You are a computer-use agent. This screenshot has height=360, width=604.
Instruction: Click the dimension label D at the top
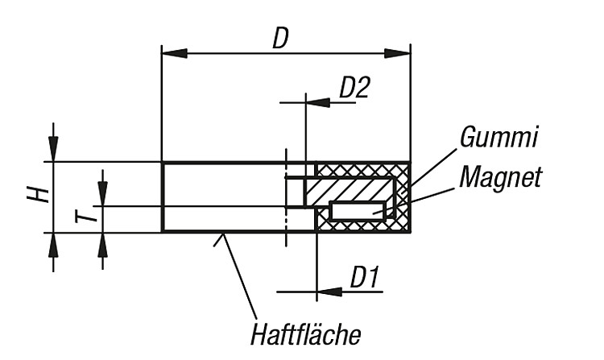tap(280, 38)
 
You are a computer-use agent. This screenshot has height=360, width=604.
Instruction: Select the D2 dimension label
tap(354, 88)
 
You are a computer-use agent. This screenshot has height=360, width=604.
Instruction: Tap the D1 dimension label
tap(364, 276)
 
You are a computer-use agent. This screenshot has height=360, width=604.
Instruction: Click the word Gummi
tap(499, 137)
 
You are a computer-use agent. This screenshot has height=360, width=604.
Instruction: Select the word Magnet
tap(500, 176)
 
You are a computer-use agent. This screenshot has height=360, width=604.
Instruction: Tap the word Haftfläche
tap(306, 334)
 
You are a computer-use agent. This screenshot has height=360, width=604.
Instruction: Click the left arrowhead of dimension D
tap(174, 54)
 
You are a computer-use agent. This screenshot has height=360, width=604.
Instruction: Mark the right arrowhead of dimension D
tap(398, 54)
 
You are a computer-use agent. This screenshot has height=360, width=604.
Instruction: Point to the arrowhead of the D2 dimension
tap(318, 103)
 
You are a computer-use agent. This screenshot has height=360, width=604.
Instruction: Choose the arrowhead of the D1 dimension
tap(329, 292)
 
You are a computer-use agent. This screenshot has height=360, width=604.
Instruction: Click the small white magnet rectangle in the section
tap(358, 211)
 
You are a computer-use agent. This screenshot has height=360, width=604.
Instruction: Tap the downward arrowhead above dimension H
tap(53, 149)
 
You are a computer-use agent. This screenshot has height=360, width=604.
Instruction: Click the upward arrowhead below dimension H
tap(53, 246)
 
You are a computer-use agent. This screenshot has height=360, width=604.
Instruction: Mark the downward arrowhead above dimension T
tap(102, 193)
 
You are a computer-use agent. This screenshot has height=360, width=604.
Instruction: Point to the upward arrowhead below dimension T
tap(102, 246)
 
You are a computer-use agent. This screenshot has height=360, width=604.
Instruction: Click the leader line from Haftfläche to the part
tap(237, 276)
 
